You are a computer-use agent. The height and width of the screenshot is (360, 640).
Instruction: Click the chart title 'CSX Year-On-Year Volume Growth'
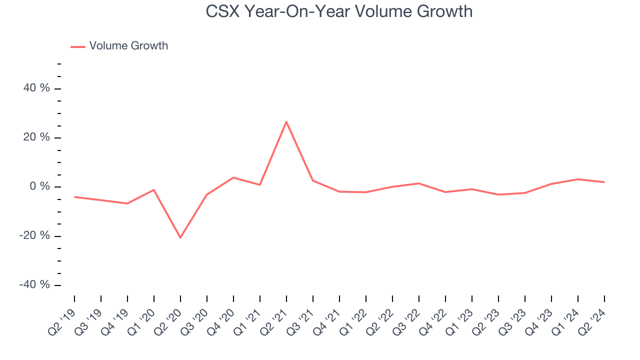[339, 11]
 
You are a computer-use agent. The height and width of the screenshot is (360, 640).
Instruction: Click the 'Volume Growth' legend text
[128, 46]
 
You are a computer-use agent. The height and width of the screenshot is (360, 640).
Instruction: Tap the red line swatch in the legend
[78, 46]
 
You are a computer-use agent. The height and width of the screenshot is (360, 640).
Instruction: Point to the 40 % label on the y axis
[37, 88]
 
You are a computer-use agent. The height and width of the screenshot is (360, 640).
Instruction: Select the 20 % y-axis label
[37, 137]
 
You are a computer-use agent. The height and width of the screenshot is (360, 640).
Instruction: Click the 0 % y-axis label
[40, 186]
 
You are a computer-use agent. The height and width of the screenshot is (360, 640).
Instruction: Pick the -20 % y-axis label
[35, 235]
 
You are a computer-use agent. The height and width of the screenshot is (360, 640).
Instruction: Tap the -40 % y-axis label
[35, 284]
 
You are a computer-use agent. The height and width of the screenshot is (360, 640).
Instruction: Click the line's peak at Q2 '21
[286, 121]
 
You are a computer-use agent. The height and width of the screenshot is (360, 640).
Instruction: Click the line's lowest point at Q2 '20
[180, 237]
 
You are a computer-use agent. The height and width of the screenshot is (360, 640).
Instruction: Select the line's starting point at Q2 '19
[74, 197]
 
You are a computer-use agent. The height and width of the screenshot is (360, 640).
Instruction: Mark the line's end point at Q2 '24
[604, 182]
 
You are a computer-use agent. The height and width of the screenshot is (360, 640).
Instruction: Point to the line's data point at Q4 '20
[233, 177]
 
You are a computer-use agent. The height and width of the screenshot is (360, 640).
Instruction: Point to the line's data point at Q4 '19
[127, 203]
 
